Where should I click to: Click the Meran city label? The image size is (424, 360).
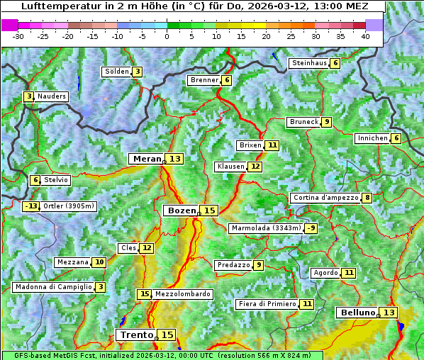point(146,159)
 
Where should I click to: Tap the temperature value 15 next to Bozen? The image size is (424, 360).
point(209,210)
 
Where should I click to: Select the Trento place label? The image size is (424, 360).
point(137,334)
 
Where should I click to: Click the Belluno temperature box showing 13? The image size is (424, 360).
point(389,313)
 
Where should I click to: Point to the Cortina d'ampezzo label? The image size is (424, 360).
point(325,198)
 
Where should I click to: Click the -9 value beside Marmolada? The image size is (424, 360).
point(311,228)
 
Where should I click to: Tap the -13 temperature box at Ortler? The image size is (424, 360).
point(30,206)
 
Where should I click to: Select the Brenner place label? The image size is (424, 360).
point(204,80)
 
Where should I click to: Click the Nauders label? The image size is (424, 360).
point(52,96)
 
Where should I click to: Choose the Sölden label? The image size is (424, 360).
point(117,72)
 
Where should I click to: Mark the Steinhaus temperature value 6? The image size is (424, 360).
point(335,63)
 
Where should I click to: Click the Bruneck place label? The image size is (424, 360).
point(303,122)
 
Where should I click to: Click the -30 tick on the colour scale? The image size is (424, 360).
point(18,36)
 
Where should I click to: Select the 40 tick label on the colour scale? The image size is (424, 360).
point(365,36)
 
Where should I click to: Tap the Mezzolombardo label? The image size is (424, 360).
point(182,294)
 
